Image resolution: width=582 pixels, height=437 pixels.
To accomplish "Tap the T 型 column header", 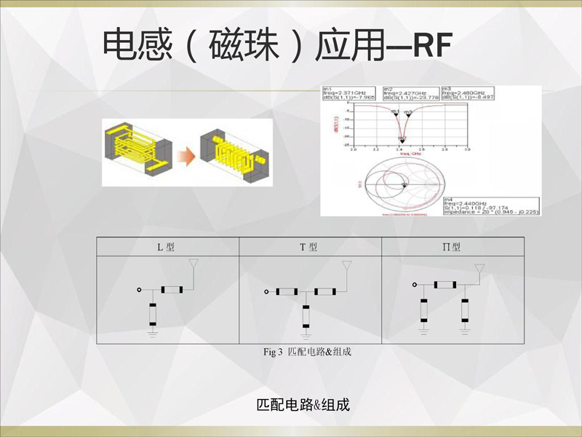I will tap(309, 247).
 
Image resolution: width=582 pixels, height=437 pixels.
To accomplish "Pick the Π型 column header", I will tap(452, 247).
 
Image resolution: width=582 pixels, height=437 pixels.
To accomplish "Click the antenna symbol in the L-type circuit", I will tap(193, 267).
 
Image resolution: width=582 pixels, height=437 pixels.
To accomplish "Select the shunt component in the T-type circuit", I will tap(306, 315).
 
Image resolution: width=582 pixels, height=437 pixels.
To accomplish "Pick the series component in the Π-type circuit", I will tap(444, 285).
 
